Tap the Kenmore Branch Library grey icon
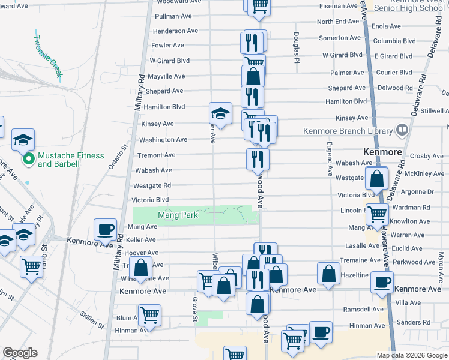[402, 130]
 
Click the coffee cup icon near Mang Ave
[105, 229]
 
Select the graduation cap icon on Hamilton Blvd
[220, 113]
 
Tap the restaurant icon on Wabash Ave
[258, 159]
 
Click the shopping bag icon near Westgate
[376, 179]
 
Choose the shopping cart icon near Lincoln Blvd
[377, 214]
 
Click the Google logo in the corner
[20, 353]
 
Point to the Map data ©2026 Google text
[412, 355]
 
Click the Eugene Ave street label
[330, 158]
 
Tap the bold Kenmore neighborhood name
[382, 152]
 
